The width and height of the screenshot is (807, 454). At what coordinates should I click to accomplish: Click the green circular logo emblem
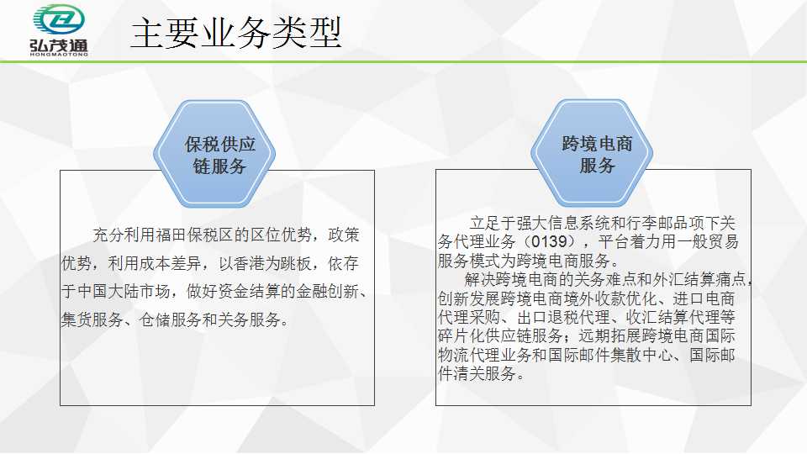59,19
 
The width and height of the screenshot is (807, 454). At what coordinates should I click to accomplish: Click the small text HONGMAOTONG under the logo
59,54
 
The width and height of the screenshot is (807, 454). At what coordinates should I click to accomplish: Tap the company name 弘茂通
59,45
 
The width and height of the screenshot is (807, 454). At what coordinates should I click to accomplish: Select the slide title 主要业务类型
236,33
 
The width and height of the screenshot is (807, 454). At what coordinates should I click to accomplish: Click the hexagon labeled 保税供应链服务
214,154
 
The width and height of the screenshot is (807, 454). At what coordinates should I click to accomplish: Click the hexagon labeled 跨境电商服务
592,153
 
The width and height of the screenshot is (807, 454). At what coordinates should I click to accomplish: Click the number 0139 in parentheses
549,241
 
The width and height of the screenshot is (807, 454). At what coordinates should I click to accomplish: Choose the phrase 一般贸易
708,241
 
